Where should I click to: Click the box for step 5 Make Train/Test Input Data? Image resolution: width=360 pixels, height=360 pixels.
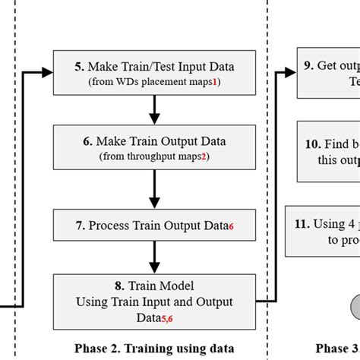click(154, 73)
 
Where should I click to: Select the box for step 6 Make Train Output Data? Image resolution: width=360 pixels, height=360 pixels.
click(154, 147)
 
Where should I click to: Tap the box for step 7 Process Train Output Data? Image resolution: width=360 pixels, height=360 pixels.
click(154, 226)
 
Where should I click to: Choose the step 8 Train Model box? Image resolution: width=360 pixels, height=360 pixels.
click(154, 298)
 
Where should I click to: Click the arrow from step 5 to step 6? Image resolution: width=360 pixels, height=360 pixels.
click(154, 110)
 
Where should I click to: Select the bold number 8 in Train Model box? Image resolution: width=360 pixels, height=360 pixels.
click(119, 287)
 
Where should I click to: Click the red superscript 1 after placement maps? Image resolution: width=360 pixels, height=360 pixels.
click(216, 82)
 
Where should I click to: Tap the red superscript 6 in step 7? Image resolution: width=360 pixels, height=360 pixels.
click(231, 228)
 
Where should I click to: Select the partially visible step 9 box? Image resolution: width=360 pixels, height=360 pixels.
click(327, 73)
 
